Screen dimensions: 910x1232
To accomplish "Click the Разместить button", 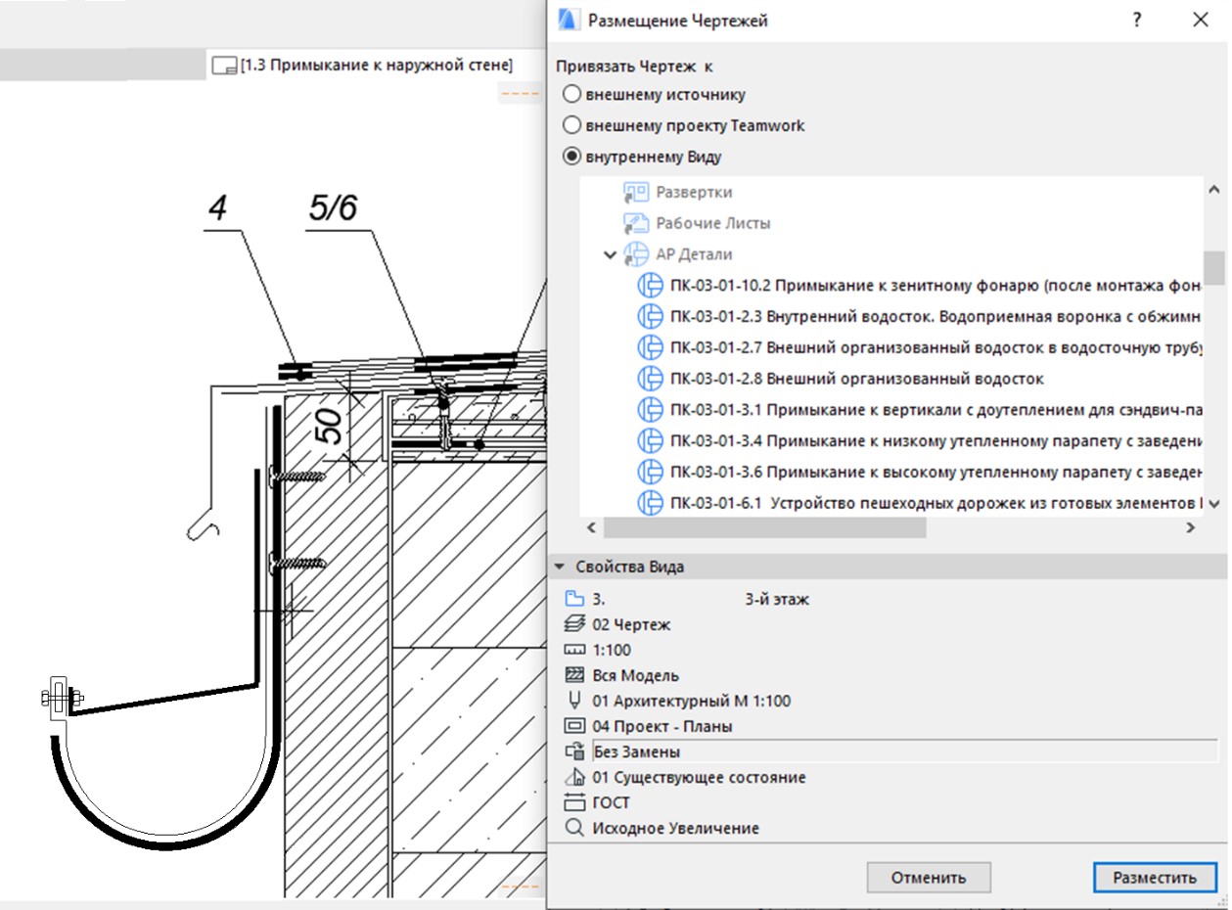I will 1154,877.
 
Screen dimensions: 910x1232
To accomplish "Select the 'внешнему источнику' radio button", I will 570,95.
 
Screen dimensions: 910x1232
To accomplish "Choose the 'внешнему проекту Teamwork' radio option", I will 570,125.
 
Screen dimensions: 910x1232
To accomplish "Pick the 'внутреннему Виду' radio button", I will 570,157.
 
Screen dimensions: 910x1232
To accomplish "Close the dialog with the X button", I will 1201,21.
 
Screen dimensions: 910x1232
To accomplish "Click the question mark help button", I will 1137,21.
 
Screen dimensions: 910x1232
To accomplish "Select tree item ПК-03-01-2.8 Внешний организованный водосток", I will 856,379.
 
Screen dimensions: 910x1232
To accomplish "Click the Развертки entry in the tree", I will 694,193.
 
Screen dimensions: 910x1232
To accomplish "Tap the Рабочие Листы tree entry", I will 712,223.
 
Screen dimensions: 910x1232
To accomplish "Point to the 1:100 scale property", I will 612,650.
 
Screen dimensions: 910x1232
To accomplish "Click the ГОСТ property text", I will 612,802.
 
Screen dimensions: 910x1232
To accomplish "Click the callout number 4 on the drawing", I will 218,209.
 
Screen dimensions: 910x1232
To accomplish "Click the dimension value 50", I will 330,426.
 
